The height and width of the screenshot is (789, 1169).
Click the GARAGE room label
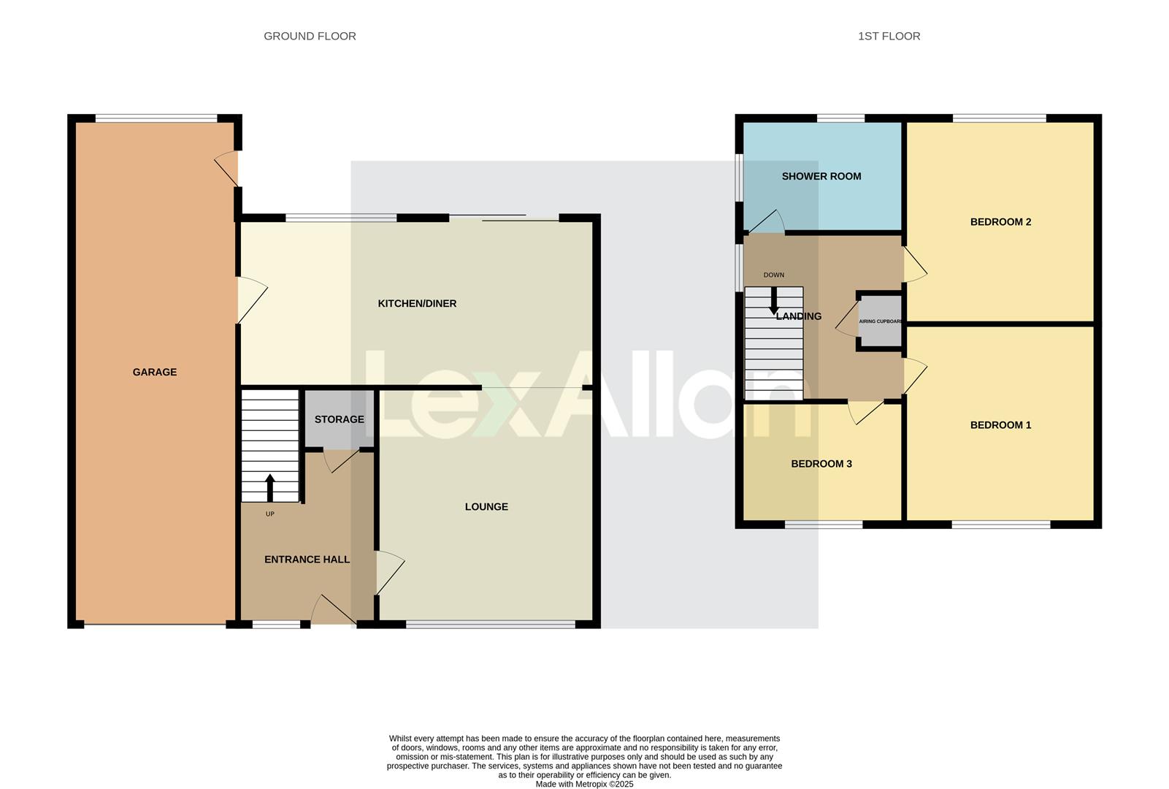coord(154,372)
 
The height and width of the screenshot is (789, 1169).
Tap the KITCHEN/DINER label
coord(417,303)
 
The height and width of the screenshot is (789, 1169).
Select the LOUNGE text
coord(486,506)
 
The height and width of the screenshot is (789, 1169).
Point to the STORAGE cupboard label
coord(339,419)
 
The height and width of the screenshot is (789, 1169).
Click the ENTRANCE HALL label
coord(307,559)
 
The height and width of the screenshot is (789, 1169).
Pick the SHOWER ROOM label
coord(821,176)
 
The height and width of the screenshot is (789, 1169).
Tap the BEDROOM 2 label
coord(1000,222)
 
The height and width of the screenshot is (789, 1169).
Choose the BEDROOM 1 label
coord(1000,425)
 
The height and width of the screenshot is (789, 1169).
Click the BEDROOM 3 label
coord(821,464)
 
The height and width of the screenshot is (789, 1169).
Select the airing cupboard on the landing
coord(880,322)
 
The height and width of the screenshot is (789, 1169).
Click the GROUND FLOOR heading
coord(310,36)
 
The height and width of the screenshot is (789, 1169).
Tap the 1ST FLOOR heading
coord(889,36)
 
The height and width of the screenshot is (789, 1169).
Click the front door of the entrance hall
coord(332,611)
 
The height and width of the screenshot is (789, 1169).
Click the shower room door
coord(767,221)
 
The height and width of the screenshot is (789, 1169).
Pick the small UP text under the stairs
coord(269,514)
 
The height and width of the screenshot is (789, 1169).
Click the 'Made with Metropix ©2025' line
coord(584,784)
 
